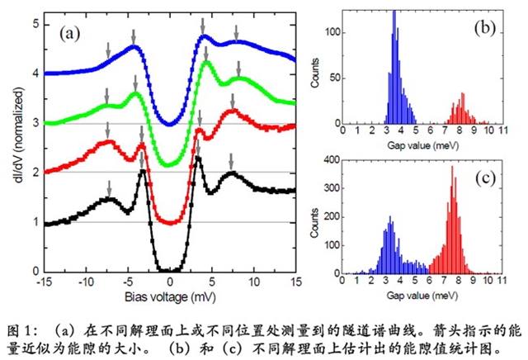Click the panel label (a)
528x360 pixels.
pyautogui.click(x=71, y=35)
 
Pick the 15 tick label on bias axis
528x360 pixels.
pyautogui.click(x=295, y=281)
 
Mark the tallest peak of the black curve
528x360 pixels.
pyautogui.click(x=197, y=159)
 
